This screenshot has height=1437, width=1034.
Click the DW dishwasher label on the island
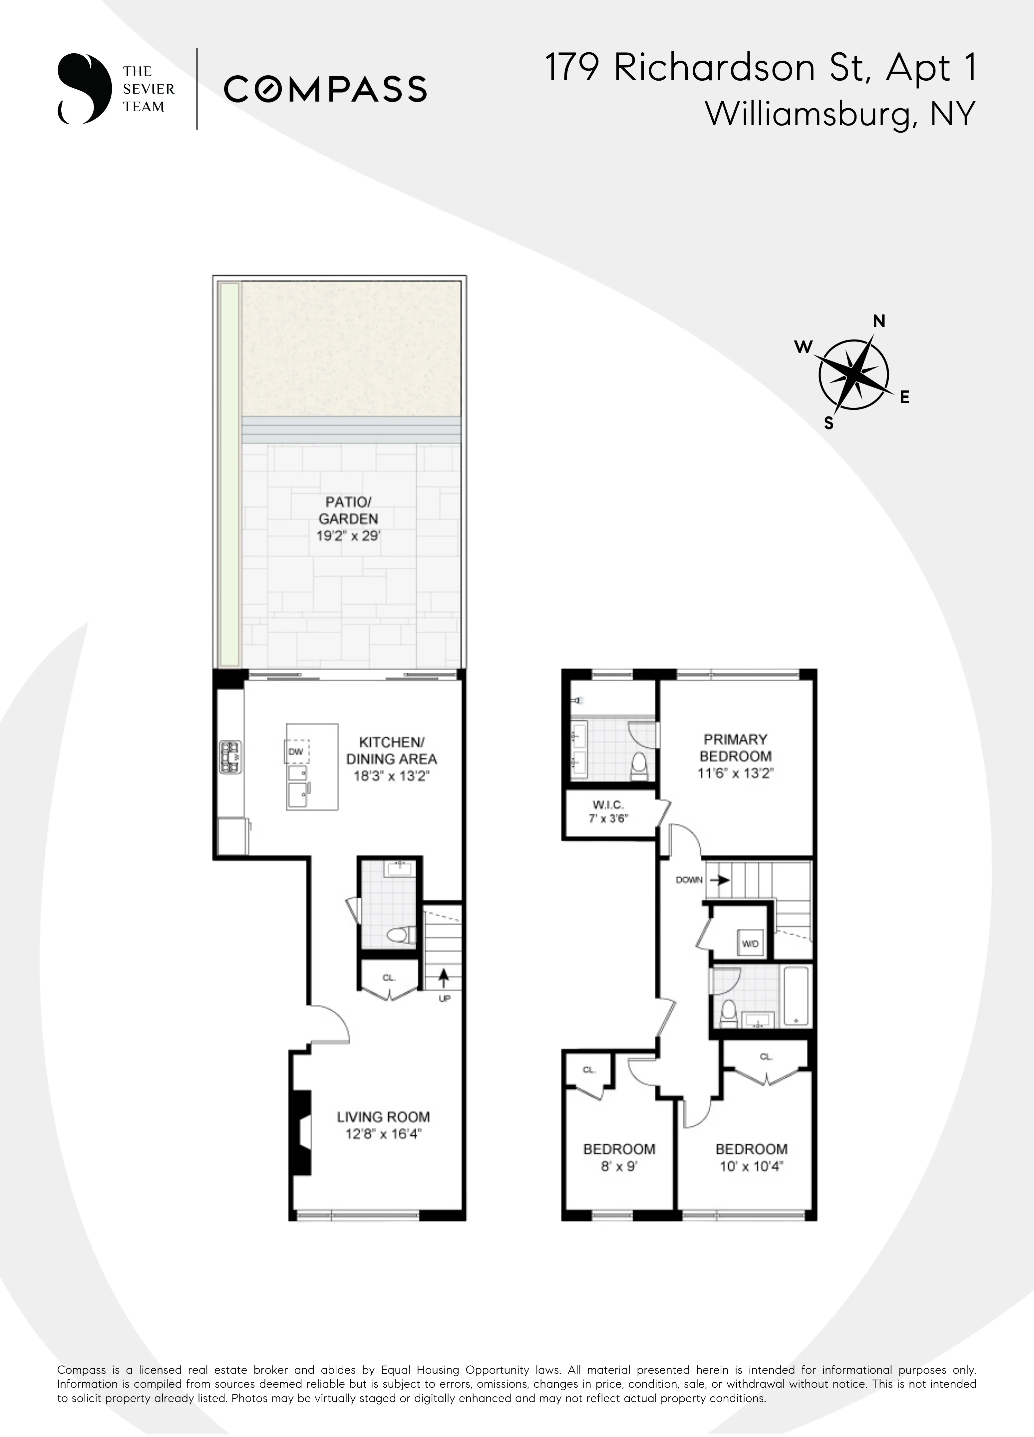[x=296, y=752]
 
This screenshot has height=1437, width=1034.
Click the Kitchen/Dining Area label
[x=391, y=750]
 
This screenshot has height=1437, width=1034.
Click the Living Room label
[x=383, y=1117]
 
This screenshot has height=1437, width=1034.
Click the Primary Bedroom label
[x=735, y=748]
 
